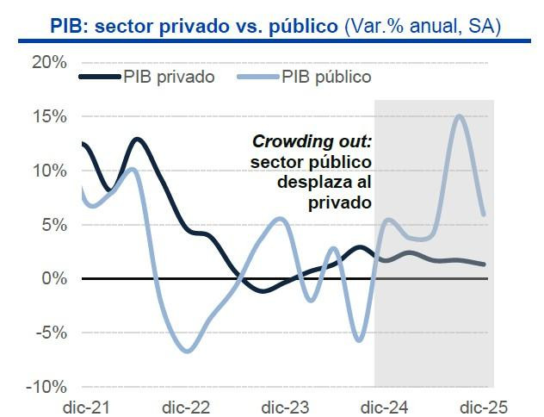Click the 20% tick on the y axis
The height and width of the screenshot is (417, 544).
(x=50, y=62)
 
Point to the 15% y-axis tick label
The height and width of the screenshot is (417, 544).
(x=50, y=116)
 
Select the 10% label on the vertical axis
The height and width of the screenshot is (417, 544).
(x=50, y=171)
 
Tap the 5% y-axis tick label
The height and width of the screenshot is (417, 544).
(x=54, y=225)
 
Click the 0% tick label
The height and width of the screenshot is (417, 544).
(x=54, y=278)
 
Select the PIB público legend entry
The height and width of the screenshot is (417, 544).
(x=326, y=77)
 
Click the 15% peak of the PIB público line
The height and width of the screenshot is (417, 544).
(x=460, y=115)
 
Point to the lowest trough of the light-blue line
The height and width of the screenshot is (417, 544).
(x=188, y=351)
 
